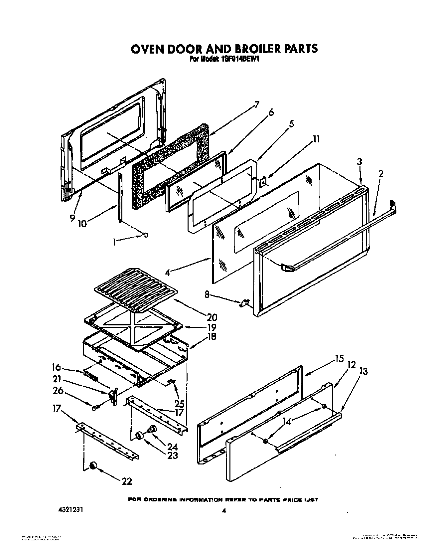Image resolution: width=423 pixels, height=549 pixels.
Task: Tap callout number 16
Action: coord(57,367)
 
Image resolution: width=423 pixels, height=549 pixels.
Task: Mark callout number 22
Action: coord(127,481)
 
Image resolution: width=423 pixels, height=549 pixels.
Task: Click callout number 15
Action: coord(339,359)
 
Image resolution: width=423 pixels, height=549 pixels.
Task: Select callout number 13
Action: coord(363,371)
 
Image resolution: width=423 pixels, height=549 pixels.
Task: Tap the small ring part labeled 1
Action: coord(145,235)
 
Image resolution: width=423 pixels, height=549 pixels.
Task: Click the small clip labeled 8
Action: coord(245,302)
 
